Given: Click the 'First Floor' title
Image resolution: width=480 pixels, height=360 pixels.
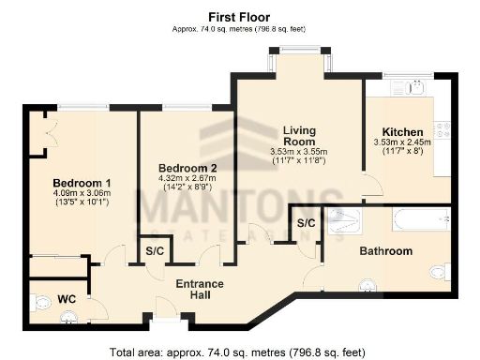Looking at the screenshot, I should coord(240,16).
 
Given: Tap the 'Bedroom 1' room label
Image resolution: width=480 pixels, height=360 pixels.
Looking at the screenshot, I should coord(82,182).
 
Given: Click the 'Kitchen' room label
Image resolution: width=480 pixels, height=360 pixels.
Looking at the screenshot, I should coord(400,131).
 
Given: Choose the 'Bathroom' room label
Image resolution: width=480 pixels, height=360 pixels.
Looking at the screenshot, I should coord(385,251).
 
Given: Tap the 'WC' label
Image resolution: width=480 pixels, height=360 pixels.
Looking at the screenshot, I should coord(67,299).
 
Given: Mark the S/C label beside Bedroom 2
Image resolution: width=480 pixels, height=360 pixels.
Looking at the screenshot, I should coord(154,252).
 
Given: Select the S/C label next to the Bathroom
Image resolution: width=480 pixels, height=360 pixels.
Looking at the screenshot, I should coord(306,224).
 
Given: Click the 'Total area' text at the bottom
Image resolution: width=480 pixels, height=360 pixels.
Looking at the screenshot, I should coord(240,352).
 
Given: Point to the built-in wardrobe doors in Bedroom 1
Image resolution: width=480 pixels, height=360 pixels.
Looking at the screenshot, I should coord(37,131).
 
